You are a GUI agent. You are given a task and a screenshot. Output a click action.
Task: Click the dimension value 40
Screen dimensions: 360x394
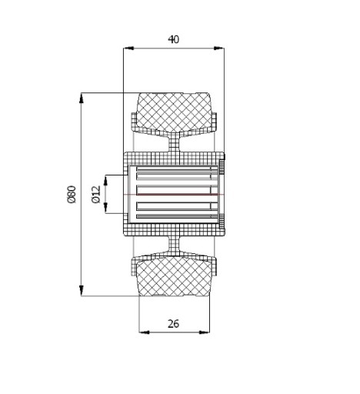tap(174, 39)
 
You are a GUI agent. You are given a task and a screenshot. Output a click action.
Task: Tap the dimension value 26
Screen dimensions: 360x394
tap(173, 324)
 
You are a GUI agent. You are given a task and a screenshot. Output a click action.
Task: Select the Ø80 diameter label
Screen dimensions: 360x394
tap(72, 195)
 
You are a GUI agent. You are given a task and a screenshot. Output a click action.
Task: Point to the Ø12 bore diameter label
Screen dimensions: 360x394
tap(95, 195)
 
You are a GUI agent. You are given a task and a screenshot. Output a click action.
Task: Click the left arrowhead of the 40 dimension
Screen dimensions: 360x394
tap(128, 48)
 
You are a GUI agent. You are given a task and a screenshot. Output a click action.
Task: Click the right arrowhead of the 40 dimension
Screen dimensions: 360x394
tap(218, 48)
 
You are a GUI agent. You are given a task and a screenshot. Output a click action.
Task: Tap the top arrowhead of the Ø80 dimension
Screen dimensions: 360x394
tap(82, 98)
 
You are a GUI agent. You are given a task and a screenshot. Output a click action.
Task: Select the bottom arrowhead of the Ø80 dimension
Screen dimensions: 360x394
tap(82, 291)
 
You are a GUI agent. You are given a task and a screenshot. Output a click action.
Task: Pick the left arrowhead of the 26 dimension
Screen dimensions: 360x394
tap(144, 332)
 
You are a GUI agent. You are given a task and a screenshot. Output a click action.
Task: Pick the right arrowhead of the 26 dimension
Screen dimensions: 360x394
tap(205, 332)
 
